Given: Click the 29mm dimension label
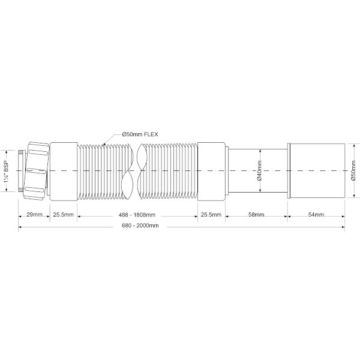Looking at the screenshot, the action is click(34, 215).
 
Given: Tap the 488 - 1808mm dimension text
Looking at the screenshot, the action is click(137, 215).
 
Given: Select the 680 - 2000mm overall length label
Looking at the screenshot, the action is click(140, 226).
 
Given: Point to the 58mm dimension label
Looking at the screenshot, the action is click(256, 215).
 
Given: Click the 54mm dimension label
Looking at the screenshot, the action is click(316, 215).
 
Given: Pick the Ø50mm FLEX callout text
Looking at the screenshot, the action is click(140, 134).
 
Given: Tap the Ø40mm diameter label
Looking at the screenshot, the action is click(259, 170).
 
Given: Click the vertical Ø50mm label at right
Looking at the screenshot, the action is click(353, 170).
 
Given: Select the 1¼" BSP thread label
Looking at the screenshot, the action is click(7, 171).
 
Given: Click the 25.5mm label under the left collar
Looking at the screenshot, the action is click(64, 215).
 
